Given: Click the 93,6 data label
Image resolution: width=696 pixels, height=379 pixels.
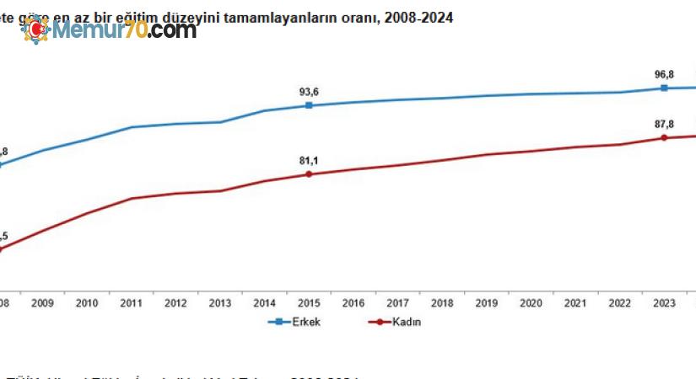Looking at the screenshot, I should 309,92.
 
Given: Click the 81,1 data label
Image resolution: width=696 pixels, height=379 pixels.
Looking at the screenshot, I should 309,160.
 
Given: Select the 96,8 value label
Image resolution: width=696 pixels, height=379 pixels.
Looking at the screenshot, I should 665,74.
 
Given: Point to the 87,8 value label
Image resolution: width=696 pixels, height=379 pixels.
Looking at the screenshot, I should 664,124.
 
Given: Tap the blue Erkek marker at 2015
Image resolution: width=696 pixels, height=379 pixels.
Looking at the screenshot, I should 309,105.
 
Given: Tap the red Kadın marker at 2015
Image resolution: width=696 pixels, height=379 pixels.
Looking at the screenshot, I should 309,174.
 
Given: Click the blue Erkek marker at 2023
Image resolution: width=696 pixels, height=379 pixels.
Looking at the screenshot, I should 664,88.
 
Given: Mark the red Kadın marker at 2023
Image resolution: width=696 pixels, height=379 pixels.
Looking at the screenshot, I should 664,137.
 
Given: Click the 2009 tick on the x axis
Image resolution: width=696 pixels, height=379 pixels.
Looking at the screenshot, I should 42,303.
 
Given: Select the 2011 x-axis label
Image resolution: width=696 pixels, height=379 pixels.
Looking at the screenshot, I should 131,303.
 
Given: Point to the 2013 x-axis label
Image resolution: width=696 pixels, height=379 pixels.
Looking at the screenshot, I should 220,303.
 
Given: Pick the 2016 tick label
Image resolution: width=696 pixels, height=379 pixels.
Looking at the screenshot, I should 353,303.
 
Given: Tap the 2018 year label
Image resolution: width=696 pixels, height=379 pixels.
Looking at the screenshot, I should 442,303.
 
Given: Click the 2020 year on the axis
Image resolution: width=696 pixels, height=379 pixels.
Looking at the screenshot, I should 531,303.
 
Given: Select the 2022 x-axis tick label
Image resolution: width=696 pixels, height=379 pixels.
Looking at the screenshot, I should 620,303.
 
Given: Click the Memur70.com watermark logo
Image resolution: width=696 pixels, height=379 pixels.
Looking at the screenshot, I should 110,31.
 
